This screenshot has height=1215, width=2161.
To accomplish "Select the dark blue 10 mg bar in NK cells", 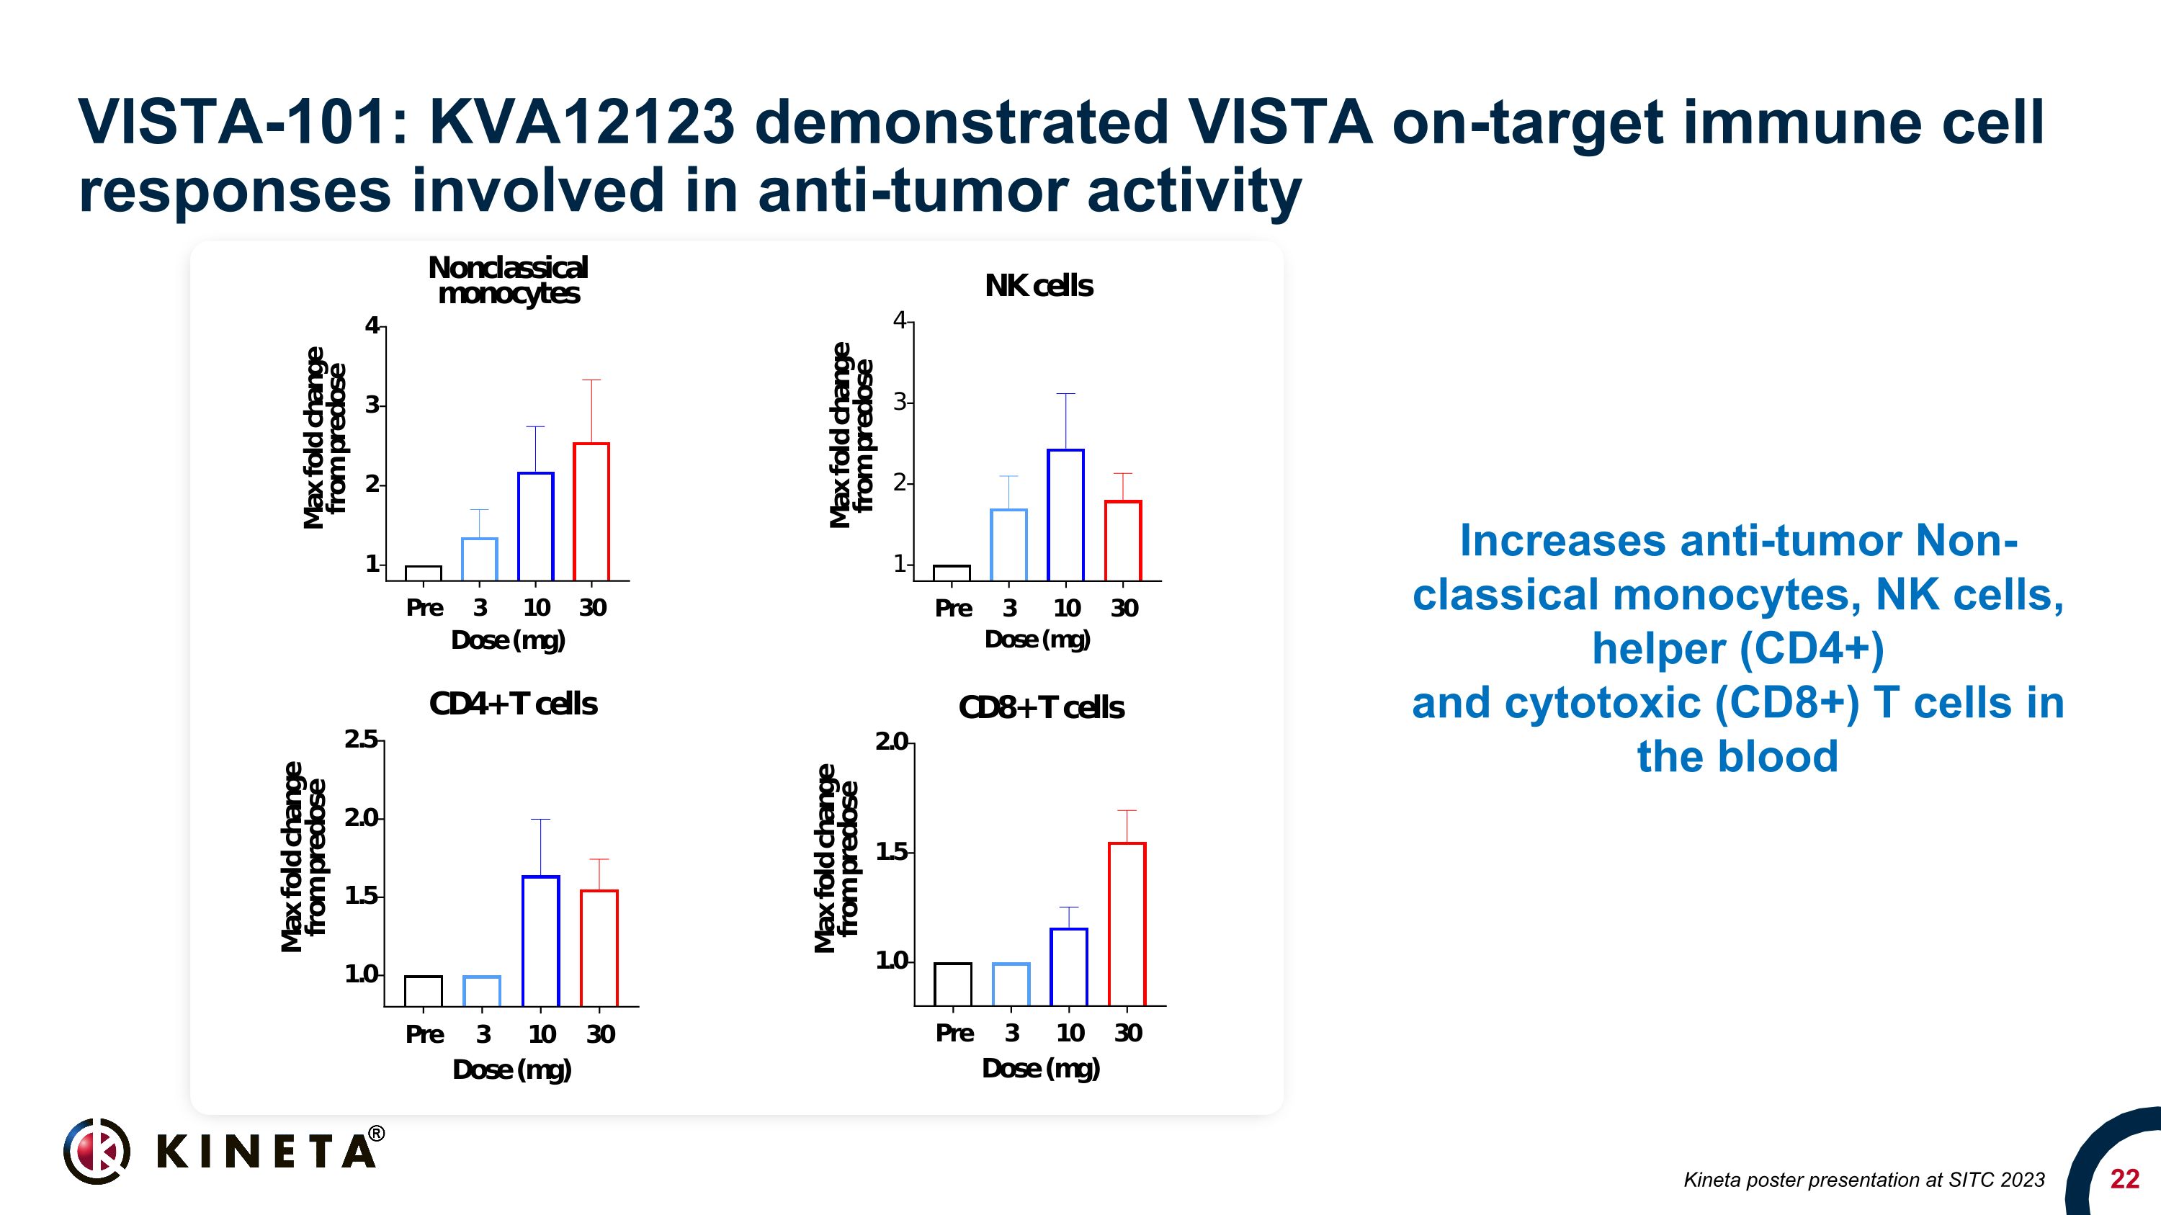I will tap(1065, 515).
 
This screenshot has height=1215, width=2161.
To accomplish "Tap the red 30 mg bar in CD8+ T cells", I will tap(1127, 924).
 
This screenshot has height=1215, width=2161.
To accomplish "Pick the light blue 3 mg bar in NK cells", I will tap(1008, 544).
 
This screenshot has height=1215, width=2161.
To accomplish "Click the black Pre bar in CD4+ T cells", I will tap(423, 991).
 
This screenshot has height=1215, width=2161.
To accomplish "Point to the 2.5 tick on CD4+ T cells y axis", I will tap(362, 740).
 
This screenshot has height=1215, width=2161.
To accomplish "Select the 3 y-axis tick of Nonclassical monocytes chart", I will tap(373, 405).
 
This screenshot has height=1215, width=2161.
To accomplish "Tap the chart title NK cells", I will tap(1039, 286).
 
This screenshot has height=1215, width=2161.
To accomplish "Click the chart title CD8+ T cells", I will tap(1040, 708).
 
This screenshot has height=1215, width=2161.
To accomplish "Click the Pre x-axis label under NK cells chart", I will tap(953, 608).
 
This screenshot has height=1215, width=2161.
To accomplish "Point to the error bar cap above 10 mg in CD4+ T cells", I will tap(540, 819).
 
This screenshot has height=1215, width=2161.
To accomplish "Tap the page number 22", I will tap(2124, 1179).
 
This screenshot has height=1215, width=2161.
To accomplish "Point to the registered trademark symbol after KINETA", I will tap(377, 1134).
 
